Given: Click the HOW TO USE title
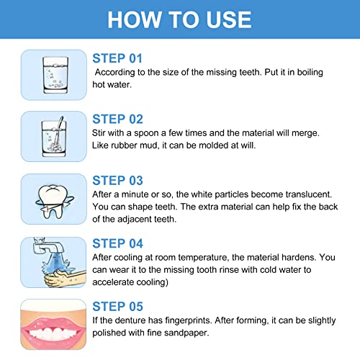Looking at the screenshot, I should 180,19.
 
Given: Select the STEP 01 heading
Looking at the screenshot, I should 118,58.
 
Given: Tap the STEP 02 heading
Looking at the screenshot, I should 118,120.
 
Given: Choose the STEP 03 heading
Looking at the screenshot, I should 118,181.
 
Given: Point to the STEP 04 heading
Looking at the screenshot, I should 118,243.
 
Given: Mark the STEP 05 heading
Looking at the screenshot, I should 118,306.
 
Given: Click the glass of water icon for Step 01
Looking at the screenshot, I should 50,74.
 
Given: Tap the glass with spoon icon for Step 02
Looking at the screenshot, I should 50,135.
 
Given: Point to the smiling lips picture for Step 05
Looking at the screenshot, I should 50,323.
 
